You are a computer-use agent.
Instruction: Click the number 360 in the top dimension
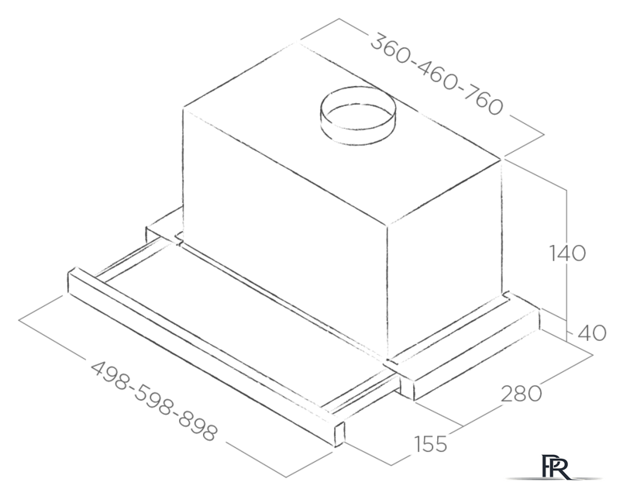click(391, 49)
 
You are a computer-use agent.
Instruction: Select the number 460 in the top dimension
click(437, 74)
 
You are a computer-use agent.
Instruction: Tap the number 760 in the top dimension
click(483, 100)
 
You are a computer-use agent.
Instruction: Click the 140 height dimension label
click(567, 253)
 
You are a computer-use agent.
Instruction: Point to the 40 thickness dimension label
click(592, 333)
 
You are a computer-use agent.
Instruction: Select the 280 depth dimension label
click(522, 394)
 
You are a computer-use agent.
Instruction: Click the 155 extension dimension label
click(430, 443)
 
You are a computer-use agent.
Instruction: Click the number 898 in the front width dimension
click(197, 425)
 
